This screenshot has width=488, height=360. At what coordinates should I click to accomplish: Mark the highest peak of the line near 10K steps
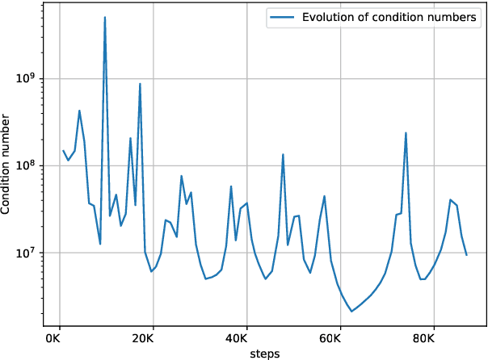pyautogui.click(x=105, y=17)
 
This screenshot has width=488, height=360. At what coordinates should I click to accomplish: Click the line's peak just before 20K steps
pyautogui.click(x=140, y=84)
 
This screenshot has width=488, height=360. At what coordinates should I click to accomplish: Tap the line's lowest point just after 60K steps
pyautogui.click(x=351, y=311)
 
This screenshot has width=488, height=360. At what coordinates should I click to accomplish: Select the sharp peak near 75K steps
pyautogui.click(x=406, y=133)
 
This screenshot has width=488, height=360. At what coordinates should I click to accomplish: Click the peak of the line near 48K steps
pyautogui.click(x=283, y=154)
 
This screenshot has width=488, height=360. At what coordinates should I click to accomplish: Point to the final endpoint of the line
pyautogui.click(x=467, y=255)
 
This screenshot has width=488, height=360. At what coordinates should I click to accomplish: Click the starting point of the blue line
pyautogui.click(x=63, y=150)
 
